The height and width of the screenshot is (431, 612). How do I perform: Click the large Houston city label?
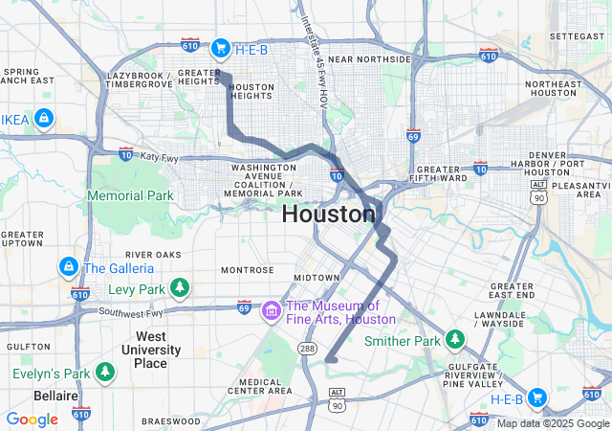tap(328, 215)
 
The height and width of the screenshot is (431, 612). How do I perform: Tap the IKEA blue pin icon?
tap(42, 119)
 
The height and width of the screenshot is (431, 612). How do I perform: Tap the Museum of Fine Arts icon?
tap(272, 310)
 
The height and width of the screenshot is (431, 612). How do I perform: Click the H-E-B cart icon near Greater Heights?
tap(220, 47)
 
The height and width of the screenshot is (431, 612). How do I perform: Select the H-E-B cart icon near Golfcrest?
tap(536, 397)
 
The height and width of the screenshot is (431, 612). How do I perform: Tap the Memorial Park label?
tap(130, 195)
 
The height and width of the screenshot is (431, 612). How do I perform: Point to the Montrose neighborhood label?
tap(248, 270)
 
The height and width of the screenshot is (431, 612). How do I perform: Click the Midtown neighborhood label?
tap(316, 277)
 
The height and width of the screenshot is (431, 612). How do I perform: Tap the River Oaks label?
tap(154, 255)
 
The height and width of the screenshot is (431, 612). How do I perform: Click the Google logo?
tap(32, 419)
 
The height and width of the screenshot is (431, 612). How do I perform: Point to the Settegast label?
tap(577, 35)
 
